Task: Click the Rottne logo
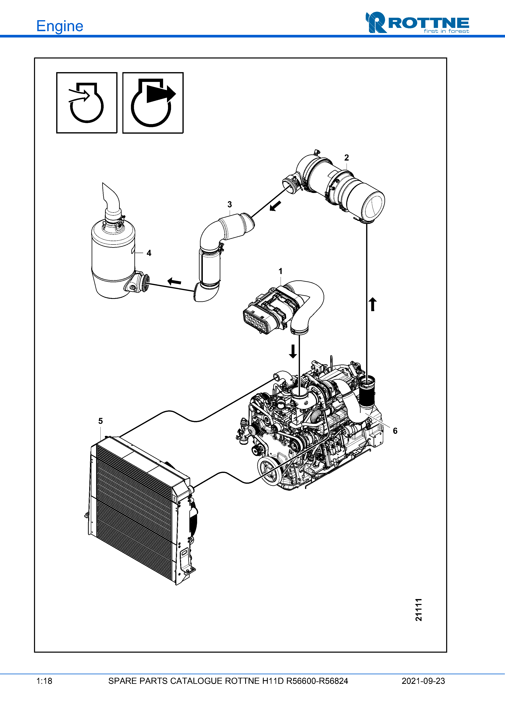(x=417, y=23)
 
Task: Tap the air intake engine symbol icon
(x=87, y=103)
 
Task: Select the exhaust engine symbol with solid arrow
(x=153, y=103)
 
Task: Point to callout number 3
(x=230, y=205)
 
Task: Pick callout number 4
(x=149, y=253)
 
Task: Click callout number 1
(x=280, y=271)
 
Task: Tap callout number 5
(x=101, y=421)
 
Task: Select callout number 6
(x=395, y=431)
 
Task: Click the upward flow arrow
(x=373, y=304)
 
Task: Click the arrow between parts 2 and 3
(x=275, y=206)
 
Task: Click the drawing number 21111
(x=419, y=610)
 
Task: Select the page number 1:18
(x=44, y=681)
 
